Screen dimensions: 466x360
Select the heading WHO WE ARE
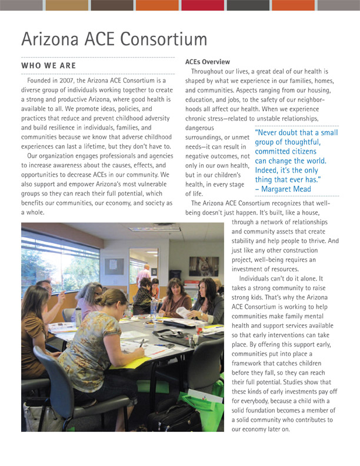point(48,65)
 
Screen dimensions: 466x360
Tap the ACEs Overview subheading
point(207,62)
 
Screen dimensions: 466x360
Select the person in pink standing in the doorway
point(144,277)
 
